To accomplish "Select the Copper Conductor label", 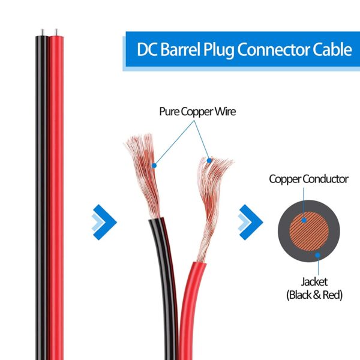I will [x=308, y=179].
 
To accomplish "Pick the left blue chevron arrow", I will [x=103, y=220].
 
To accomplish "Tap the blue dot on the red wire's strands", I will [x=209, y=160].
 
